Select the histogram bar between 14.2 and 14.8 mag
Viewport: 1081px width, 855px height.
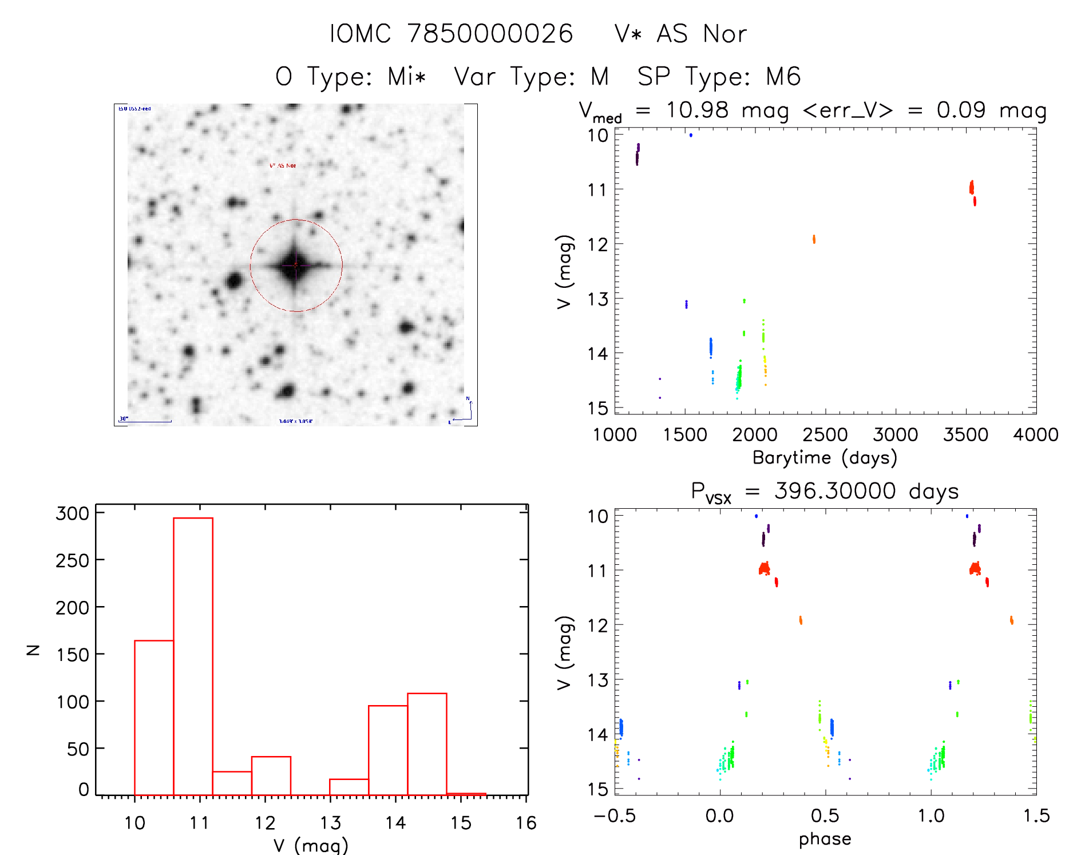click(427, 743)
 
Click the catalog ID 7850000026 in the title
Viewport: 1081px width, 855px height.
click(490, 34)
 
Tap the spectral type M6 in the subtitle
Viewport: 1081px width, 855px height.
click(783, 77)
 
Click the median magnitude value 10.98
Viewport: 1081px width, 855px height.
click(697, 110)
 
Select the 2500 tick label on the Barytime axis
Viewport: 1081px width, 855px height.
click(825, 435)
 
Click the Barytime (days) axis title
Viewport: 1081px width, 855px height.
click(825, 458)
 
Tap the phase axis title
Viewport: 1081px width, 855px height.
click(825, 839)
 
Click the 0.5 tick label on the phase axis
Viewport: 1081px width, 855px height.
click(825, 816)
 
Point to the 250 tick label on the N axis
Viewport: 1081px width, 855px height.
click(72, 560)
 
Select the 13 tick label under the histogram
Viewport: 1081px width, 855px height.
click(330, 823)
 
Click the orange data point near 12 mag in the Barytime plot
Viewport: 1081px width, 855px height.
click(814, 239)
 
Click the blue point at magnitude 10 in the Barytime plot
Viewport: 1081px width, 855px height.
click(691, 135)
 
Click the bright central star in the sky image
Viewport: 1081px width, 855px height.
click(295, 266)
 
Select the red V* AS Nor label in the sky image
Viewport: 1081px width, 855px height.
click(283, 165)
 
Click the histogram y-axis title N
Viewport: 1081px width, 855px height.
click(33, 650)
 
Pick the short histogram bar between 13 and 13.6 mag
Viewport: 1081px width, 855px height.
click(349, 787)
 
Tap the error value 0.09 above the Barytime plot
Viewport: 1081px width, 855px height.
click(961, 110)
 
